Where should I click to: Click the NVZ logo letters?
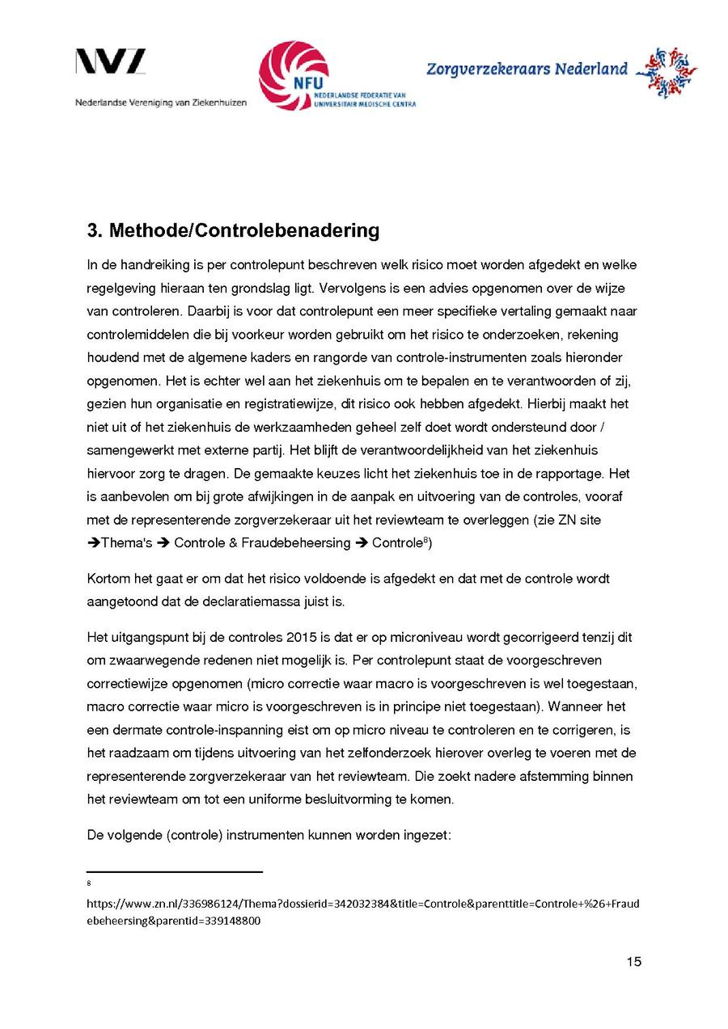pos(111,62)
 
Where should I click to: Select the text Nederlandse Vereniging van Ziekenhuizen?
pos(161,103)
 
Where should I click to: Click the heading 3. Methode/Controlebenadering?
pos(233,230)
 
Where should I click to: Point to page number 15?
pos(633,961)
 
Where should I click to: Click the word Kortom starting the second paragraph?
pos(108,579)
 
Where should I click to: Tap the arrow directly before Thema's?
pos(93,543)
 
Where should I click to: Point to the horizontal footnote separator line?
pos(175,872)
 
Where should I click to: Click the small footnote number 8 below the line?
pos(89,884)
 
